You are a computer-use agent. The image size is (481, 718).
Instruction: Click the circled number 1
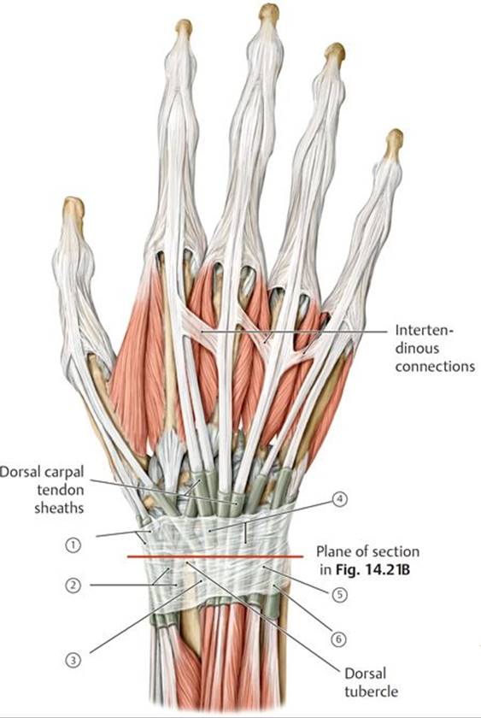click(x=73, y=545)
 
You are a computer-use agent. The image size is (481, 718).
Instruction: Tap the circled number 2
click(x=73, y=585)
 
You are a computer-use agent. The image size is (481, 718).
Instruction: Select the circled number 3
click(x=73, y=660)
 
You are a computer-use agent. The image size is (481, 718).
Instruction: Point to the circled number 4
click(x=339, y=499)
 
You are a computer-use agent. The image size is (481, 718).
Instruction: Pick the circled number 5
click(x=339, y=594)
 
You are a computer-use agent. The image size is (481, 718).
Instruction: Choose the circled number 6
click(x=338, y=639)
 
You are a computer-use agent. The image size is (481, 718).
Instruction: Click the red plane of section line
click(x=215, y=556)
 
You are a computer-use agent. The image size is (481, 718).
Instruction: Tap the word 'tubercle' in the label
click(x=371, y=692)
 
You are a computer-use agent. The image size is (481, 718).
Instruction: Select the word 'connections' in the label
click(x=435, y=367)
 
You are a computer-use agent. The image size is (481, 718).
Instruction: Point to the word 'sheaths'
click(x=60, y=508)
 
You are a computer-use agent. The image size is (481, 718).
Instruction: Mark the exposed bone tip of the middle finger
click(x=268, y=14)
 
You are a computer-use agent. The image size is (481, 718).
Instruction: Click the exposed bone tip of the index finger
click(x=184, y=27)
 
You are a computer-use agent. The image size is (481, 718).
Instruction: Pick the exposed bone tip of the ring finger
click(x=335, y=54)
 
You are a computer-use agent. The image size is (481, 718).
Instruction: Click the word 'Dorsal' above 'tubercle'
click(x=365, y=674)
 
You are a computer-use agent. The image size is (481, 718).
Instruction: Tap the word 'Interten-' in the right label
click(x=424, y=330)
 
